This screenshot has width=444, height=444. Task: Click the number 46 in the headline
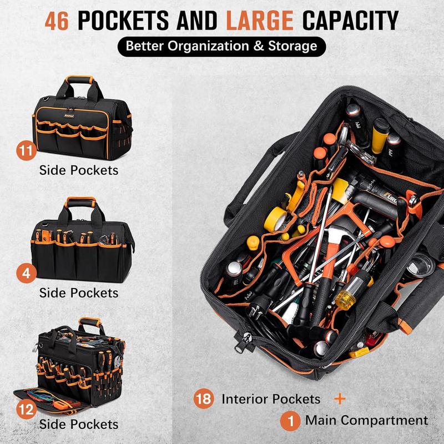(x=59, y=21)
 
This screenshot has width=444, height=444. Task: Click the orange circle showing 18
(x=203, y=398)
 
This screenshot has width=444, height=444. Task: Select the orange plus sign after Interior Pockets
(x=340, y=398)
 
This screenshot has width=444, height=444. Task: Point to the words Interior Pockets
(x=271, y=398)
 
